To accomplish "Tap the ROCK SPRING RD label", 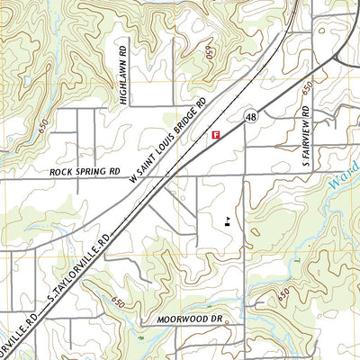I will point(86,171).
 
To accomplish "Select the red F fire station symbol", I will point(215,135).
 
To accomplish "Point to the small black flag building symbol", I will point(227,219).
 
